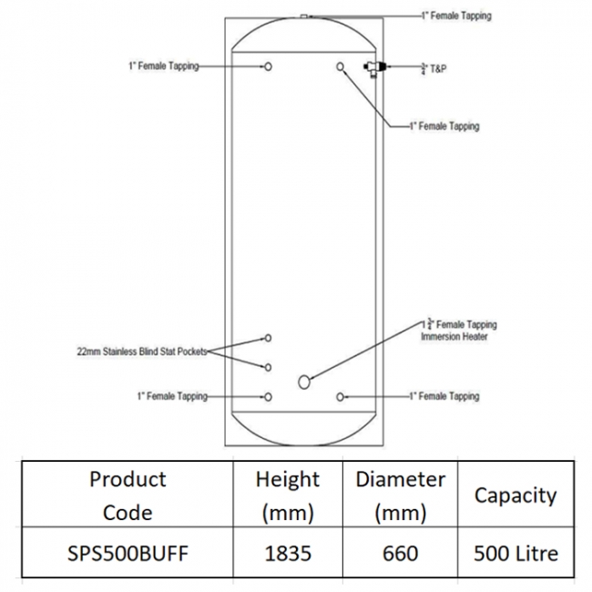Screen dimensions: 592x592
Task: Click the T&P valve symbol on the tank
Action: click(x=374, y=68)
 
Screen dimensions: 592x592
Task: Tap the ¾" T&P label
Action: click(x=434, y=68)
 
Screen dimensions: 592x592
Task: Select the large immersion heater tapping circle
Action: click(x=304, y=383)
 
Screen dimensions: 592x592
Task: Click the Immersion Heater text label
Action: click(x=454, y=336)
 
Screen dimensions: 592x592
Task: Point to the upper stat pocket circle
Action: click(x=268, y=338)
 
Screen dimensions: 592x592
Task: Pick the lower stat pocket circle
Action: click(x=268, y=367)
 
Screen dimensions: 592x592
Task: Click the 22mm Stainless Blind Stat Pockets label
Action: click(x=142, y=352)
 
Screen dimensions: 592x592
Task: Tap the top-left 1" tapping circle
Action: click(x=268, y=66)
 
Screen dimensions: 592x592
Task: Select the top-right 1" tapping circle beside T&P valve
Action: click(x=341, y=66)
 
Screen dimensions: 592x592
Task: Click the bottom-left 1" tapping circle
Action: click(x=268, y=397)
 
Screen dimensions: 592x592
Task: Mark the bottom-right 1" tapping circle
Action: click(x=341, y=397)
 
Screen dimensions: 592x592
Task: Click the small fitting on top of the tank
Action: click(x=304, y=16)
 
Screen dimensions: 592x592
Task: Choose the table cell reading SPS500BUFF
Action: click(x=128, y=554)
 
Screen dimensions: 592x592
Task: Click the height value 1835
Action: click(x=288, y=554)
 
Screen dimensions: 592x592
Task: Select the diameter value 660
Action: click(x=400, y=554)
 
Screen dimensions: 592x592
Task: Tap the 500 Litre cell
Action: click(x=515, y=554)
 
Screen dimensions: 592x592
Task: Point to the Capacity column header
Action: click(x=515, y=495)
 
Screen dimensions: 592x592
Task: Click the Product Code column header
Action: click(x=128, y=495)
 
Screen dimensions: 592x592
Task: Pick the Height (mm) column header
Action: click(x=288, y=495)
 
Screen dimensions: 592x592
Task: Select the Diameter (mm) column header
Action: click(x=400, y=495)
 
